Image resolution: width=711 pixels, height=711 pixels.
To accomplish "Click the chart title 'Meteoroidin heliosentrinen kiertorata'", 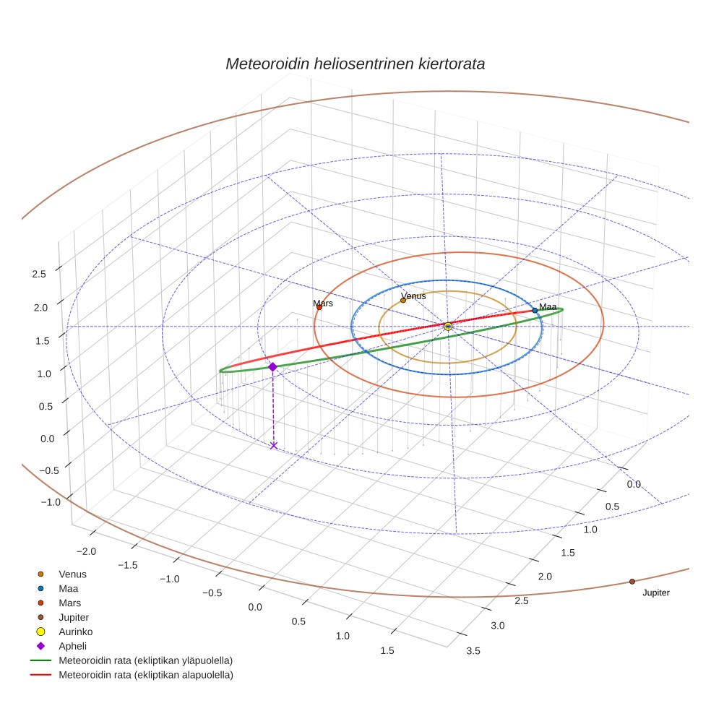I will click(x=355, y=64).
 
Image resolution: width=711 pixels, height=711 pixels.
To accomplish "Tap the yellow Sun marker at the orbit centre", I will click(x=448, y=327).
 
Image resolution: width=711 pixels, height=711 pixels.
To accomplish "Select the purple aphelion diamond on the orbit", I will click(x=272, y=367).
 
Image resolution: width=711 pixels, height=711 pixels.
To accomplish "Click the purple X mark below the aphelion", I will click(x=273, y=445).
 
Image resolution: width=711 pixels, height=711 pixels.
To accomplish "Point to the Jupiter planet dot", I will click(x=632, y=582).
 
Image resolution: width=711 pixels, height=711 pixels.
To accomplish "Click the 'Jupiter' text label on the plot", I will click(x=655, y=593).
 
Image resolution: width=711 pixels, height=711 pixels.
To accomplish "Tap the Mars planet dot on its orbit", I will click(x=319, y=307).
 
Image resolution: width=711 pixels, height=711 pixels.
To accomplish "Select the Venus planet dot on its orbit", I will click(x=403, y=299).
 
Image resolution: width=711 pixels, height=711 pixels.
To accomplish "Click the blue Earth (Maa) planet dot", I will click(x=535, y=310).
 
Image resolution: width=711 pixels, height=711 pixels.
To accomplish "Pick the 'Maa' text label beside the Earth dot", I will click(x=548, y=307).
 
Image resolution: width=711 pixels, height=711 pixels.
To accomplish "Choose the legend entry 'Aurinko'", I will click(x=75, y=632).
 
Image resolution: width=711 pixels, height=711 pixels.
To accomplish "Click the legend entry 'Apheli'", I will click(x=72, y=646).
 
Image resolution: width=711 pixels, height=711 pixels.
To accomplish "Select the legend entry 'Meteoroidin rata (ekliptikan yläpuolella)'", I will click(x=145, y=660).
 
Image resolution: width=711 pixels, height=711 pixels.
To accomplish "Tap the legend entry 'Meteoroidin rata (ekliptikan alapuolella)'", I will click(x=145, y=675).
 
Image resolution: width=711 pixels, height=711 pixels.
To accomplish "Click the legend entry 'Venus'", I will click(x=72, y=574).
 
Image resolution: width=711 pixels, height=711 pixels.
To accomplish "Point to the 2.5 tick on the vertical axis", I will click(x=38, y=274).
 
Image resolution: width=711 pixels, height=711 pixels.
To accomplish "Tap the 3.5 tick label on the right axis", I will click(x=473, y=652).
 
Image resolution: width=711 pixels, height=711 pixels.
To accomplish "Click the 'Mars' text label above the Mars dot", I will click(x=323, y=303).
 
